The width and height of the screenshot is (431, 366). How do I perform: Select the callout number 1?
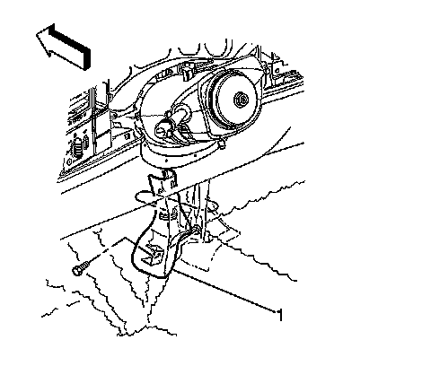(x=280, y=315)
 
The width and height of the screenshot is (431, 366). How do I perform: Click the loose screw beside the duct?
(x=81, y=268)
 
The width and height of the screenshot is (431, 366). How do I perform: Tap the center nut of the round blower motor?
(x=241, y=100)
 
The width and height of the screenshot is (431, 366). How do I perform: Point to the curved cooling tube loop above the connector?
(x=181, y=111)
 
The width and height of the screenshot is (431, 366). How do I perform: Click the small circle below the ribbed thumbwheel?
(x=69, y=161)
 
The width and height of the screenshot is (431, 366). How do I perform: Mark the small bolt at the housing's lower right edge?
(x=221, y=144)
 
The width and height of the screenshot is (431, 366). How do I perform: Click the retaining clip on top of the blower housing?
(x=186, y=73)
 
